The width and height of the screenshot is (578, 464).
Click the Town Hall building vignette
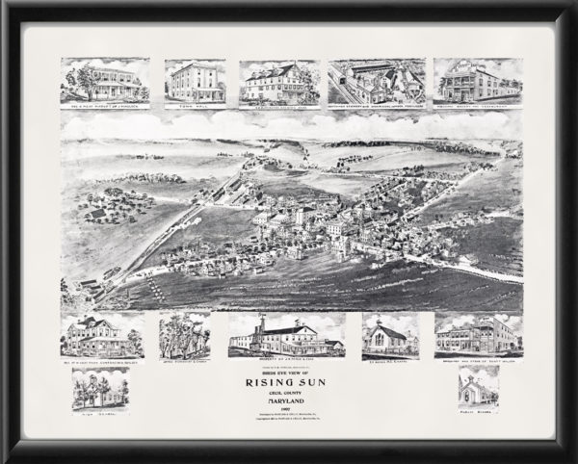pos(195,80)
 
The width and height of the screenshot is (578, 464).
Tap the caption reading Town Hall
pos(195,107)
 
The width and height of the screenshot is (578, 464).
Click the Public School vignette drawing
pos(478,388)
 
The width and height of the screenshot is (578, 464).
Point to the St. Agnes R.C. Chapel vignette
pos(389,333)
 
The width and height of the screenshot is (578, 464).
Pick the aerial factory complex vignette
pos(377,80)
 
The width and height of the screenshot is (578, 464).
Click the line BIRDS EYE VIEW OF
pos(289,366)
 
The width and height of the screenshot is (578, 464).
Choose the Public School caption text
pos(478,412)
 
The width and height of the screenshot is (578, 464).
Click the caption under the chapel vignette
pos(389,357)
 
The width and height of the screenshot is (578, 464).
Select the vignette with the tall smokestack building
pos(285,335)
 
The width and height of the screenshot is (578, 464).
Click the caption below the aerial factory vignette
pos(377,107)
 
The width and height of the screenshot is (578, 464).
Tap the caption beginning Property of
pos(285,358)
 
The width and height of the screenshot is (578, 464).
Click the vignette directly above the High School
pos(101,334)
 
